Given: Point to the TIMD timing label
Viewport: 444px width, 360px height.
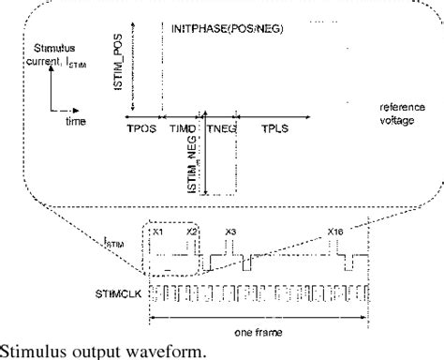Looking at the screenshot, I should [183, 129].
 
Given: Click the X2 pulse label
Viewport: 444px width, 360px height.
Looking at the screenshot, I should [192, 230].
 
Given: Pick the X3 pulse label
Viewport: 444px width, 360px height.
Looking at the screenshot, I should [230, 230].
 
